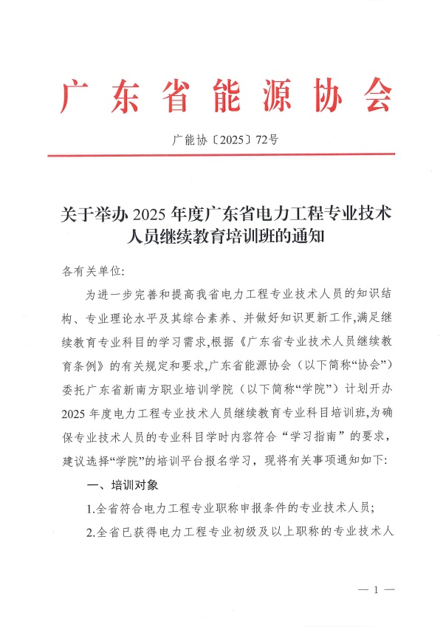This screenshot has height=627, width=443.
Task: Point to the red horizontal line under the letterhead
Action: click(x=221, y=154)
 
